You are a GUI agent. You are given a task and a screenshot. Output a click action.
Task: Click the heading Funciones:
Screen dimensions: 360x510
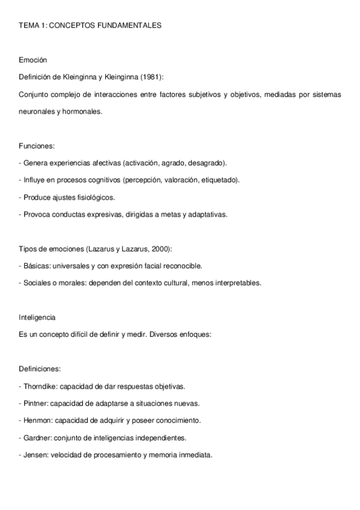click(37, 146)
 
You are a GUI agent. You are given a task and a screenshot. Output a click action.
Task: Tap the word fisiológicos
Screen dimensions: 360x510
click(95, 197)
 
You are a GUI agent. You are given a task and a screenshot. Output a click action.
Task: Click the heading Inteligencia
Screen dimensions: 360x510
click(37, 317)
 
